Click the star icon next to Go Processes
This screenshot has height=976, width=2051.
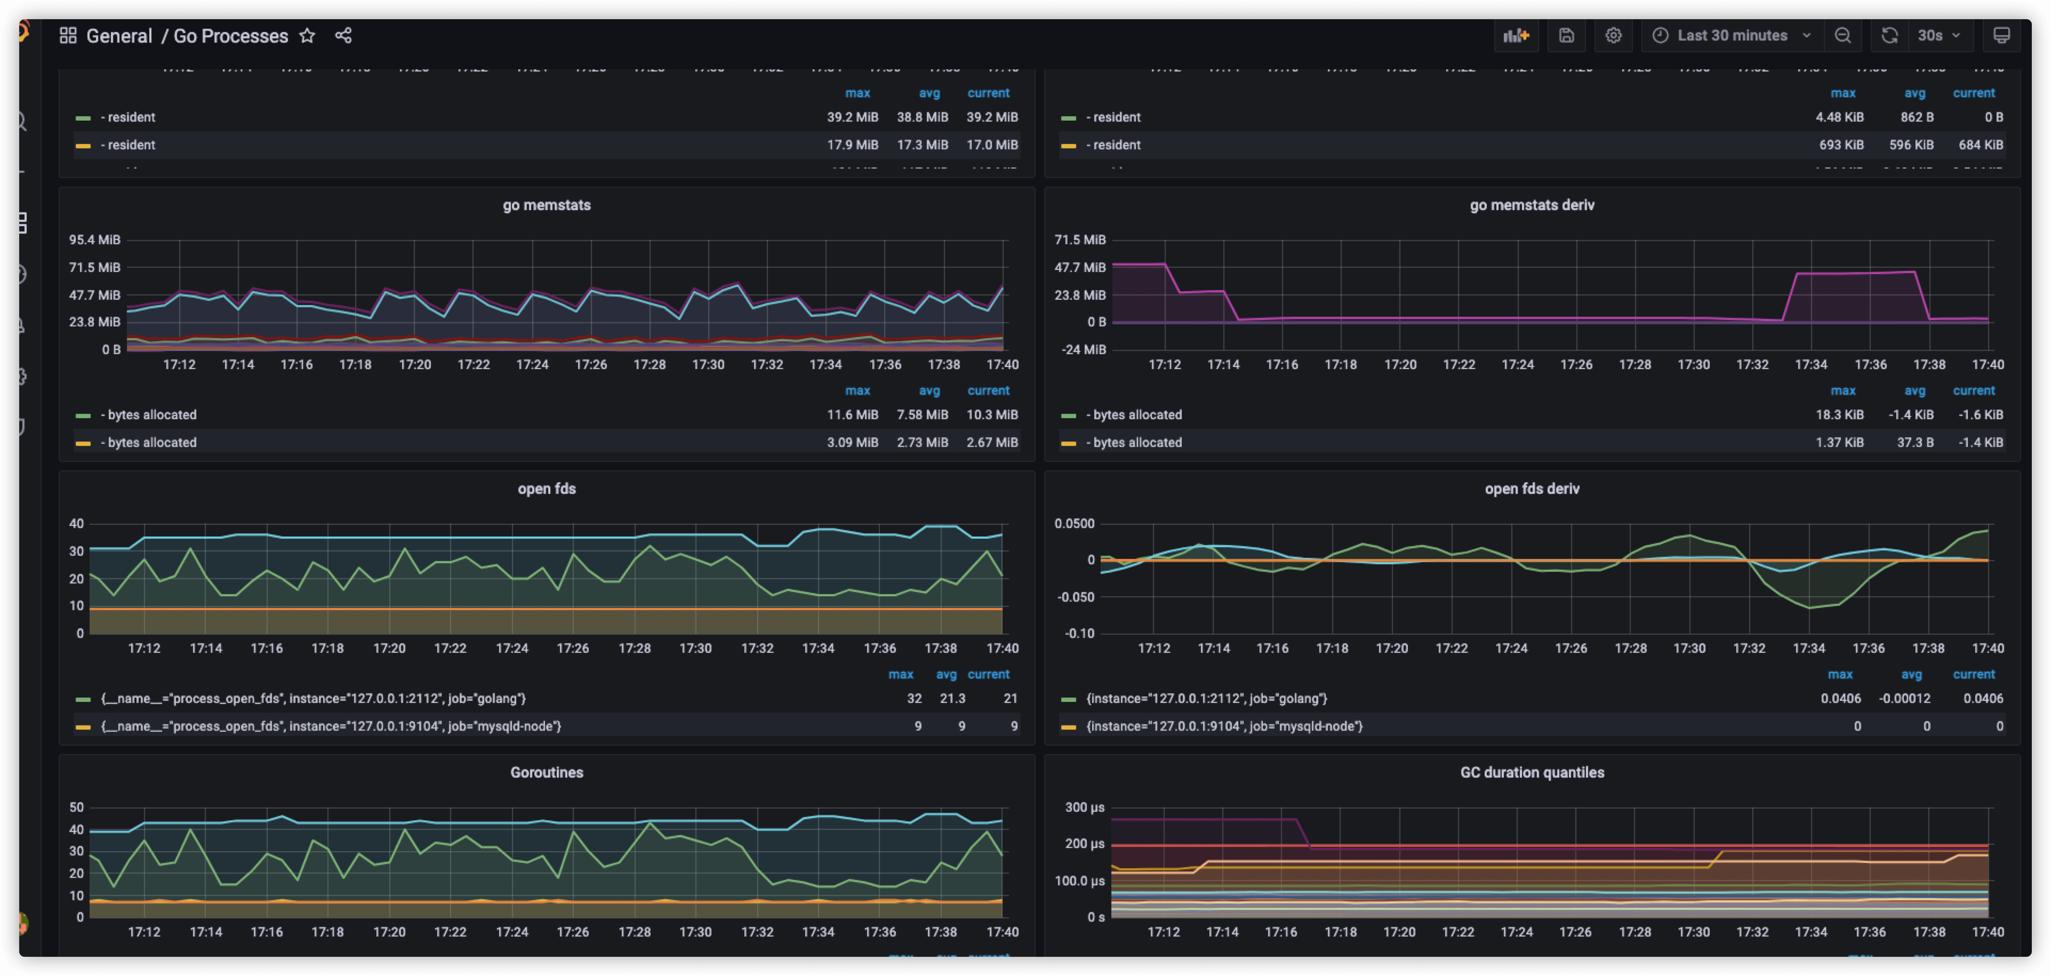click(x=307, y=36)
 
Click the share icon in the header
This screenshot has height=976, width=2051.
click(x=343, y=36)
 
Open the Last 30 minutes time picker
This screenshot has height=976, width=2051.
click(x=1731, y=36)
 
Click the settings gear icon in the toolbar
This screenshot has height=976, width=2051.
click(x=1613, y=36)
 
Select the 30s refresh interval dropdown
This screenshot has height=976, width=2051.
click(x=1938, y=36)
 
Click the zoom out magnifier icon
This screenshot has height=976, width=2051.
click(x=1842, y=36)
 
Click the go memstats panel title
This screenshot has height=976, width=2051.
click(x=546, y=205)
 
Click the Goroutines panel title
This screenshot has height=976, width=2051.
click(x=546, y=772)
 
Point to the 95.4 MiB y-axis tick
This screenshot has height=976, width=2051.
click(x=95, y=239)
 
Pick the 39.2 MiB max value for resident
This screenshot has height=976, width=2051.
click(x=852, y=117)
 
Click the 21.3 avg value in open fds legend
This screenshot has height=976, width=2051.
click(x=952, y=698)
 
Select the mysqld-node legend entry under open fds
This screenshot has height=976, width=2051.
click(x=331, y=726)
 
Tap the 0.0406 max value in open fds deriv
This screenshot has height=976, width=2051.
click(x=1840, y=698)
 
